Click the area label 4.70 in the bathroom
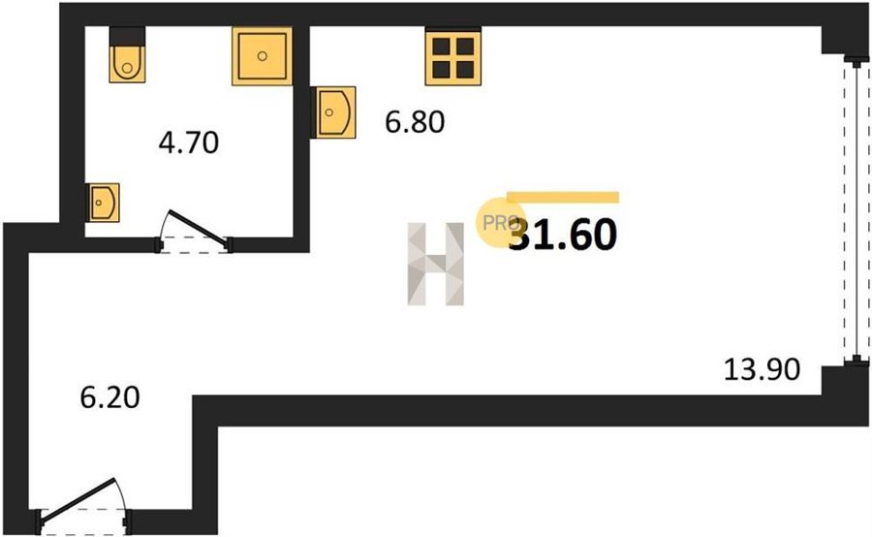click(x=189, y=142)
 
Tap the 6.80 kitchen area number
click(x=415, y=122)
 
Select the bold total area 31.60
click(x=563, y=235)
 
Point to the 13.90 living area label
click(x=762, y=369)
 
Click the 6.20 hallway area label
click(x=110, y=397)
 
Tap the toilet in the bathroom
click(x=127, y=54)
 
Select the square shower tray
click(x=262, y=55)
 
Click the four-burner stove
click(x=453, y=57)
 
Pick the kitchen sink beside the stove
click(x=333, y=112)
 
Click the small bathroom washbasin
click(x=103, y=203)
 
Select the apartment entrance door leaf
click(x=77, y=500)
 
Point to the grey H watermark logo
click(x=436, y=264)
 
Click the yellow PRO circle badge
click(x=500, y=223)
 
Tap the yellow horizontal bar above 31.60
click(x=563, y=198)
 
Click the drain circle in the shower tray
click(x=263, y=55)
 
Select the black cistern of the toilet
click(x=127, y=36)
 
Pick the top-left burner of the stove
click(x=442, y=46)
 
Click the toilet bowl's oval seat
click(x=127, y=65)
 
